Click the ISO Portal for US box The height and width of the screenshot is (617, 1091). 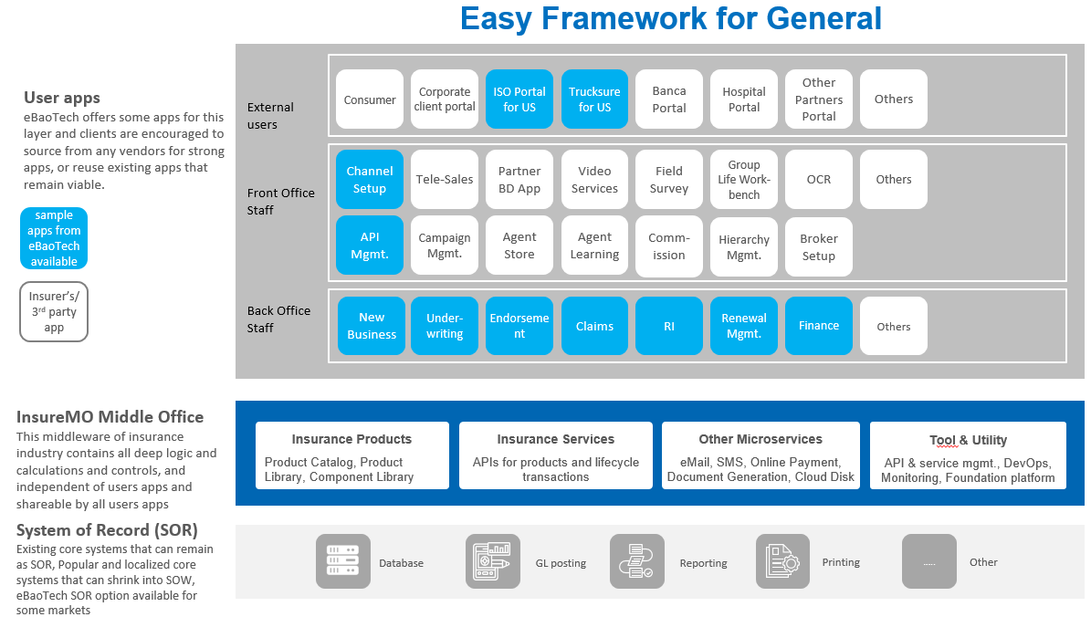coord(519,99)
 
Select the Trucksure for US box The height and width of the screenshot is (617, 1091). coord(594,99)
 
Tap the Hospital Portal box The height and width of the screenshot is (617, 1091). coord(744,99)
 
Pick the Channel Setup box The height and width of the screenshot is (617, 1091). coord(370,180)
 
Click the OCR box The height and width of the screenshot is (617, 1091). coord(818,180)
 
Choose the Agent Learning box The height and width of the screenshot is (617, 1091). coord(594,246)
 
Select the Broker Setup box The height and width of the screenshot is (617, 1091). coord(818,246)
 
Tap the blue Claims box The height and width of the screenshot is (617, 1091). coord(594,326)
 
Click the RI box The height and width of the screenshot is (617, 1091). coord(668,326)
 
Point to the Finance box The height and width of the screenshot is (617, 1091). coord(818,326)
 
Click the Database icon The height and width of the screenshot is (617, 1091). coord(343,561)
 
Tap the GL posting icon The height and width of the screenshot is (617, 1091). coord(493,561)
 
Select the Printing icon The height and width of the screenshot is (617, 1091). coord(782,561)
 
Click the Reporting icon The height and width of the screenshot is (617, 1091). coord(637,561)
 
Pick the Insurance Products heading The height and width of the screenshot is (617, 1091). coord(351,439)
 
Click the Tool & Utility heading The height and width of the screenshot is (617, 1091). coord(968,440)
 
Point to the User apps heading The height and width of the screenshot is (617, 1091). coord(62,98)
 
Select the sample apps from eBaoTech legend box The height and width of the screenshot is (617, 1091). coord(54,238)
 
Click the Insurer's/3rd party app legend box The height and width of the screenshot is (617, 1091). coord(54,311)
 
